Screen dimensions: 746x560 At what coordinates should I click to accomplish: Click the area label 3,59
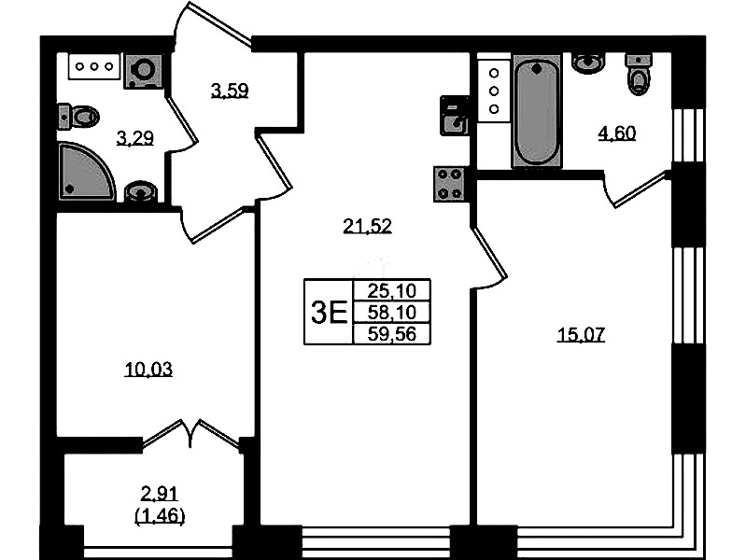click(x=230, y=90)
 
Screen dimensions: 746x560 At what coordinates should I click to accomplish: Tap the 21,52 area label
click(x=367, y=226)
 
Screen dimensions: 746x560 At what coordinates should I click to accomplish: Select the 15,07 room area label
click(x=581, y=335)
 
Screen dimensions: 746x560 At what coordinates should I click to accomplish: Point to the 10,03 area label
click(x=148, y=370)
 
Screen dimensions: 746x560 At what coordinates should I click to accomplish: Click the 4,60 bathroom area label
click(x=617, y=133)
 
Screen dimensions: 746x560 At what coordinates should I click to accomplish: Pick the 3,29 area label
click(x=135, y=138)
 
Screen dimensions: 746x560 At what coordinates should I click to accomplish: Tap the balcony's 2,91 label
click(x=160, y=494)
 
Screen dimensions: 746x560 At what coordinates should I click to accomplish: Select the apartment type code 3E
click(x=329, y=313)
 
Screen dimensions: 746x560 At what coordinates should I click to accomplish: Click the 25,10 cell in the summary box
click(x=392, y=289)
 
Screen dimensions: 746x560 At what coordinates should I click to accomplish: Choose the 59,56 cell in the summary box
click(x=392, y=334)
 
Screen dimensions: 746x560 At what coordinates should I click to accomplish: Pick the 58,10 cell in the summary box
click(x=392, y=312)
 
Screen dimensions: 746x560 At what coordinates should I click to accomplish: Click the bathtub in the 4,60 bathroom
click(x=537, y=110)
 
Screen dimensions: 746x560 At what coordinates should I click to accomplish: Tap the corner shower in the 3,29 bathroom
click(x=86, y=172)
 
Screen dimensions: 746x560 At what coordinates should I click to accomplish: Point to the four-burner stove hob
click(x=450, y=184)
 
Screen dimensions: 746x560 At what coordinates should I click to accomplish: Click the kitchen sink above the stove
click(x=455, y=115)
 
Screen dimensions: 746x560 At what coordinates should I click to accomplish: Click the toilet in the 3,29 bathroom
click(x=78, y=116)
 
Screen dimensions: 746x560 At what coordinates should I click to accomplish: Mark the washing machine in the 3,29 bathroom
click(x=143, y=70)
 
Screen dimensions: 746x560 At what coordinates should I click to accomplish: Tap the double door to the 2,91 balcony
click(x=190, y=433)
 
